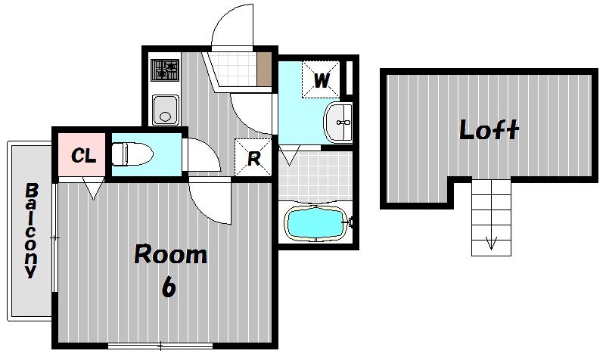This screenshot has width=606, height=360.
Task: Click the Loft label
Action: (x=489, y=129)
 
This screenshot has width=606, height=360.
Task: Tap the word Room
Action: (x=170, y=254)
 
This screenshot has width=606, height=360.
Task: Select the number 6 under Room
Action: (x=169, y=286)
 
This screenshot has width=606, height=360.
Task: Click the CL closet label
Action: (x=83, y=156)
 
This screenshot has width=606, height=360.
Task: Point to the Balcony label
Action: (x=31, y=231)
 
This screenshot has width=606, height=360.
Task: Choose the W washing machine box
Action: (x=321, y=79)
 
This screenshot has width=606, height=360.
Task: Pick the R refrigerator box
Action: (x=253, y=157)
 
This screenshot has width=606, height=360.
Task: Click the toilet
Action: (x=132, y=154)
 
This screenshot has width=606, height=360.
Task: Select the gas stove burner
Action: (x=165, y=70)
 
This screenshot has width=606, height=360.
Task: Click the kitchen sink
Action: (x=166, y=110)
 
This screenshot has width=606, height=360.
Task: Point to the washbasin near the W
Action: (x=338, y=123)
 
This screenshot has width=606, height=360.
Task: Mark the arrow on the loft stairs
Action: (x=491, y=244)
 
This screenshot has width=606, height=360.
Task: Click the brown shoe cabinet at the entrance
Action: (x=264, y=69)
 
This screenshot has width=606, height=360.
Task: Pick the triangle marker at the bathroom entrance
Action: (x=290, y=155)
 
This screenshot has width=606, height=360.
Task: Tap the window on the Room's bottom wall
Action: (x=160, y=346)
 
